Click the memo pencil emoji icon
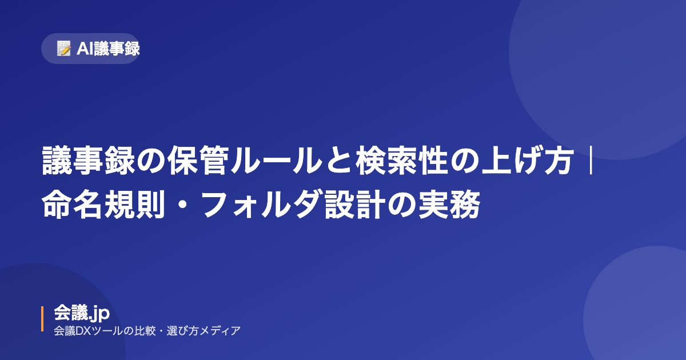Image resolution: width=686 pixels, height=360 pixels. point(64,49)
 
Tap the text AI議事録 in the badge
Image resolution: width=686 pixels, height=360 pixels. point(108,49)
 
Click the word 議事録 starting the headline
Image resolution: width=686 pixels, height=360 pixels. point(89,161)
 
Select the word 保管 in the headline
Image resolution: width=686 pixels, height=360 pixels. point(198,161)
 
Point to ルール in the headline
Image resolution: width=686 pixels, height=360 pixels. point(277,161)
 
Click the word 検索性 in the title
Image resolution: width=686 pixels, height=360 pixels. point(402,161)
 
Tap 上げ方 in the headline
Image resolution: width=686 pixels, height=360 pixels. point(528,161)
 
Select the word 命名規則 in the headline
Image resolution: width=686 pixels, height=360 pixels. point(103,204)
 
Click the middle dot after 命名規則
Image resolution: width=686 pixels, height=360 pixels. point(183,205)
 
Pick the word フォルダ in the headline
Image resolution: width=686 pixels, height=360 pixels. point(261,204)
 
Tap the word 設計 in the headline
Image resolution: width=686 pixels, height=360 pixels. point(355,204)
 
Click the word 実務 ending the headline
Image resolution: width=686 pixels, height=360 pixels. point(449,204)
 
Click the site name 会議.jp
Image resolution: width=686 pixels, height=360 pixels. point(82,313)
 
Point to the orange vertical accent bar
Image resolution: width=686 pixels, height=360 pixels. point(42,319)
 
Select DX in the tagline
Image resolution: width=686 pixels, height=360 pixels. point(83,331)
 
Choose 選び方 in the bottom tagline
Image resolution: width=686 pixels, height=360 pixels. point(182,331)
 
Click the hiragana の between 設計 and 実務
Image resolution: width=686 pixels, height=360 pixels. point(402,205)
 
